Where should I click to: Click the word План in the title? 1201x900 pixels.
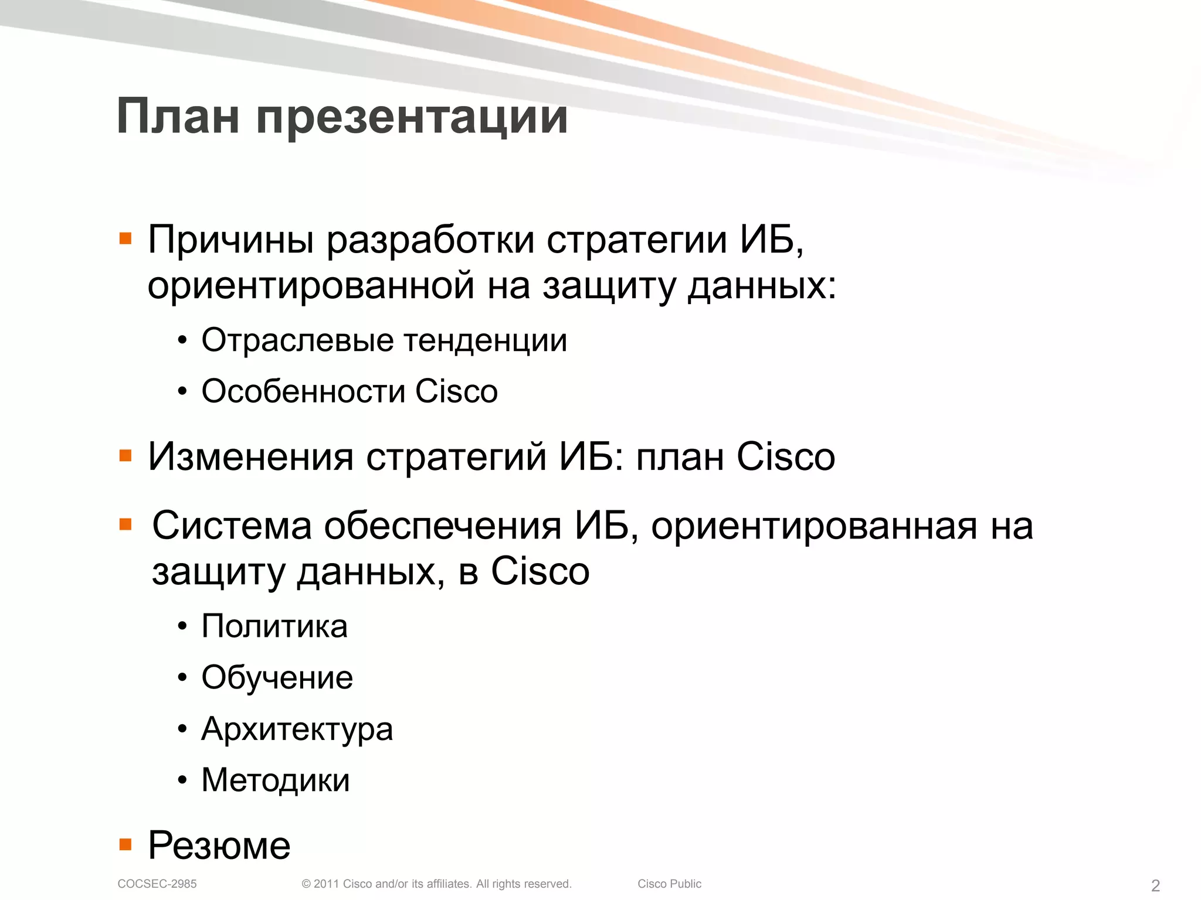pos(178,117)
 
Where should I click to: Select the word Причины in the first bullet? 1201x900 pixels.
pos(231,240)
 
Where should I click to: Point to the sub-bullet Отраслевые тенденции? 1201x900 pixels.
pos(384,340)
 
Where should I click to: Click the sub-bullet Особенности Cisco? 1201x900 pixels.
pos(350,391)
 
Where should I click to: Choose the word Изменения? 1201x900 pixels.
pos(250,457)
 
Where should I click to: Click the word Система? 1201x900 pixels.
pos(232,526)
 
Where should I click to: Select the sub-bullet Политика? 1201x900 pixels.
pos(274,626)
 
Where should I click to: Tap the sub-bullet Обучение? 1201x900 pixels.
pos(277,678)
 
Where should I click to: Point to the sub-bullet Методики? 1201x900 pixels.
pos(276,780)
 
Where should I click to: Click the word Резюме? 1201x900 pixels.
pos(219,846)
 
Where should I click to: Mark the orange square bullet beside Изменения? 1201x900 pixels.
pos(125,456)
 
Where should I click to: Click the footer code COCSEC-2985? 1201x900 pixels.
pos(157,884)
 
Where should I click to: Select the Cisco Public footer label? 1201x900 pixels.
pos(669,884)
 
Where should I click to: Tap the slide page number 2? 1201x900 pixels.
pos(1155,885)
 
